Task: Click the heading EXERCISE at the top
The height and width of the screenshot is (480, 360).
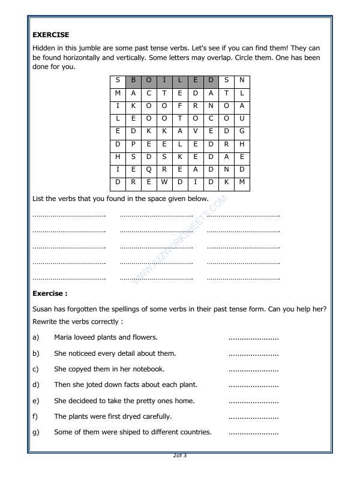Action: (x=50, y=35)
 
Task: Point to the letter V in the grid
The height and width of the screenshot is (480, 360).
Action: (x=196, y=131)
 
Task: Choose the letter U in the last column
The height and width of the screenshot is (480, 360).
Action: (x=242, y=119)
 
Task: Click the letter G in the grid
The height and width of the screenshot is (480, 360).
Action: (x=242, y=131)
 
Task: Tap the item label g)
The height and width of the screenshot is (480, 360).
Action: (x=36, y=431)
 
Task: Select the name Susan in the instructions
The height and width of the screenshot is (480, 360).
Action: (x=42, y=309)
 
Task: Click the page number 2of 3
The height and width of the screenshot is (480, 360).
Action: (x=180, y=455)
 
